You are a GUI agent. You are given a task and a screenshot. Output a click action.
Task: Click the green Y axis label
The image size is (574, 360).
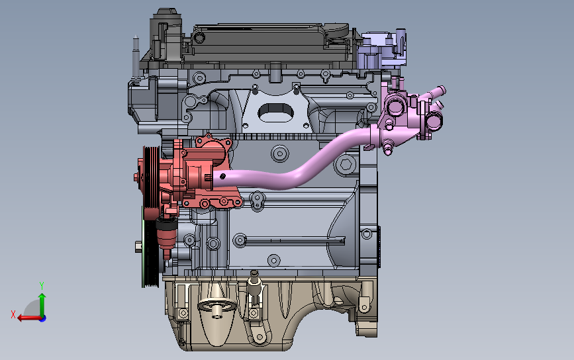[x=42, y=285]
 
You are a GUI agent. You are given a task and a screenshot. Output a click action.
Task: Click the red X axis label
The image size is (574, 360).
[x=13, y=314]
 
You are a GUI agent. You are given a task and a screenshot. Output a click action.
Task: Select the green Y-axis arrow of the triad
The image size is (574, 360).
[x=42, y=303]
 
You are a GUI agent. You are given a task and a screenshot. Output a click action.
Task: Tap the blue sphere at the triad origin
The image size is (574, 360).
[x=42, y=318]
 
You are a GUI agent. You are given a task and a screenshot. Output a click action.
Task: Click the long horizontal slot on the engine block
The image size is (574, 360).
[x=291, y=238]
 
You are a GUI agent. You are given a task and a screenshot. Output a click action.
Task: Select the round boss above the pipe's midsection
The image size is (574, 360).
[x=280, y=154]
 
